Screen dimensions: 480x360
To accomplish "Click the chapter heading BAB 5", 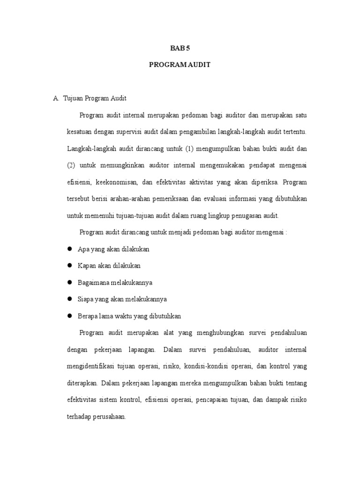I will click(x=180, y=48).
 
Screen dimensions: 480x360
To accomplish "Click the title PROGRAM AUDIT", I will click(x=180, y=65).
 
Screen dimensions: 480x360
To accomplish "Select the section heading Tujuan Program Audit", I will click(x=95, y=98).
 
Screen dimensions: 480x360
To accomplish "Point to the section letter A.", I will click(x=56, y=98).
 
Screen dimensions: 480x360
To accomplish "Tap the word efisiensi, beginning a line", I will click(x=80, y=182).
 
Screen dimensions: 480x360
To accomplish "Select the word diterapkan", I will click(x=82, y=382).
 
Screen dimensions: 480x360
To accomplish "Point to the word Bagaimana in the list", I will click(x=92, y=282).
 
